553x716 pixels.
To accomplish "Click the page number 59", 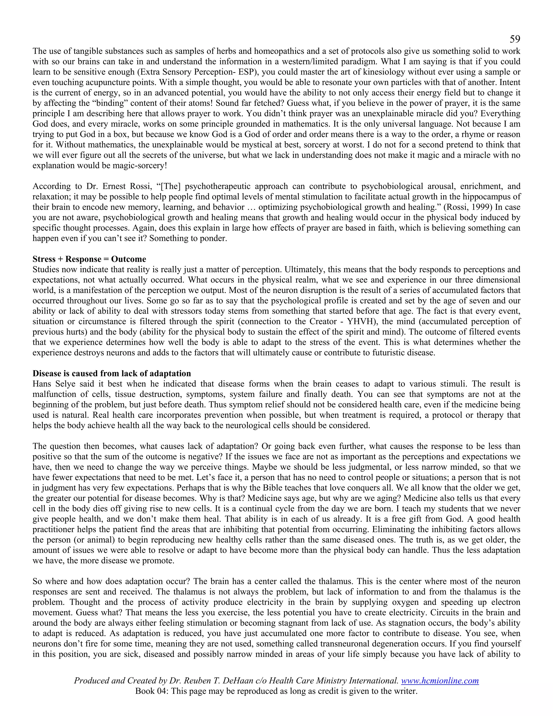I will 515,40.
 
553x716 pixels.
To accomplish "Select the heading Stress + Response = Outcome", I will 89,259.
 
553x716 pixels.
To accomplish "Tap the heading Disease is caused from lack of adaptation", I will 112,373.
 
